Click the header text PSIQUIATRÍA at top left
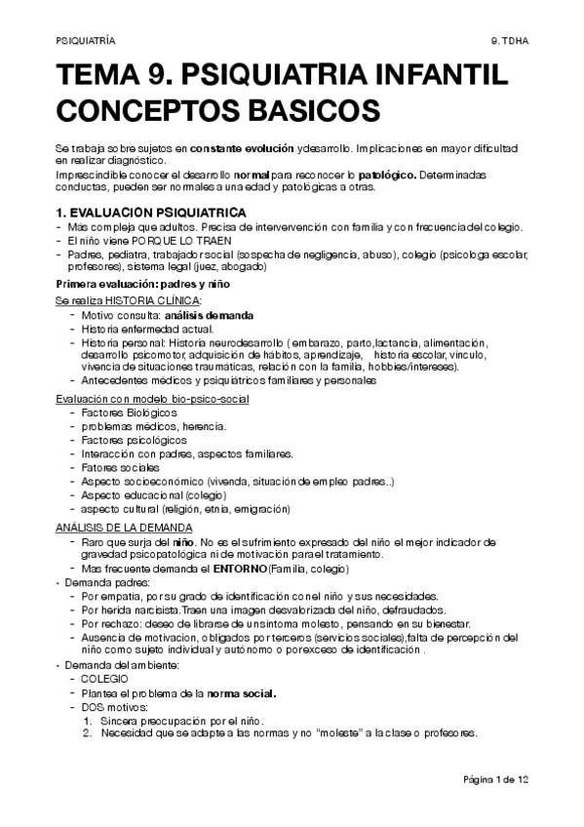point(85,42)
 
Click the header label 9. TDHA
point(510,42)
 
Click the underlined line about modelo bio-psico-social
point(151,400)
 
